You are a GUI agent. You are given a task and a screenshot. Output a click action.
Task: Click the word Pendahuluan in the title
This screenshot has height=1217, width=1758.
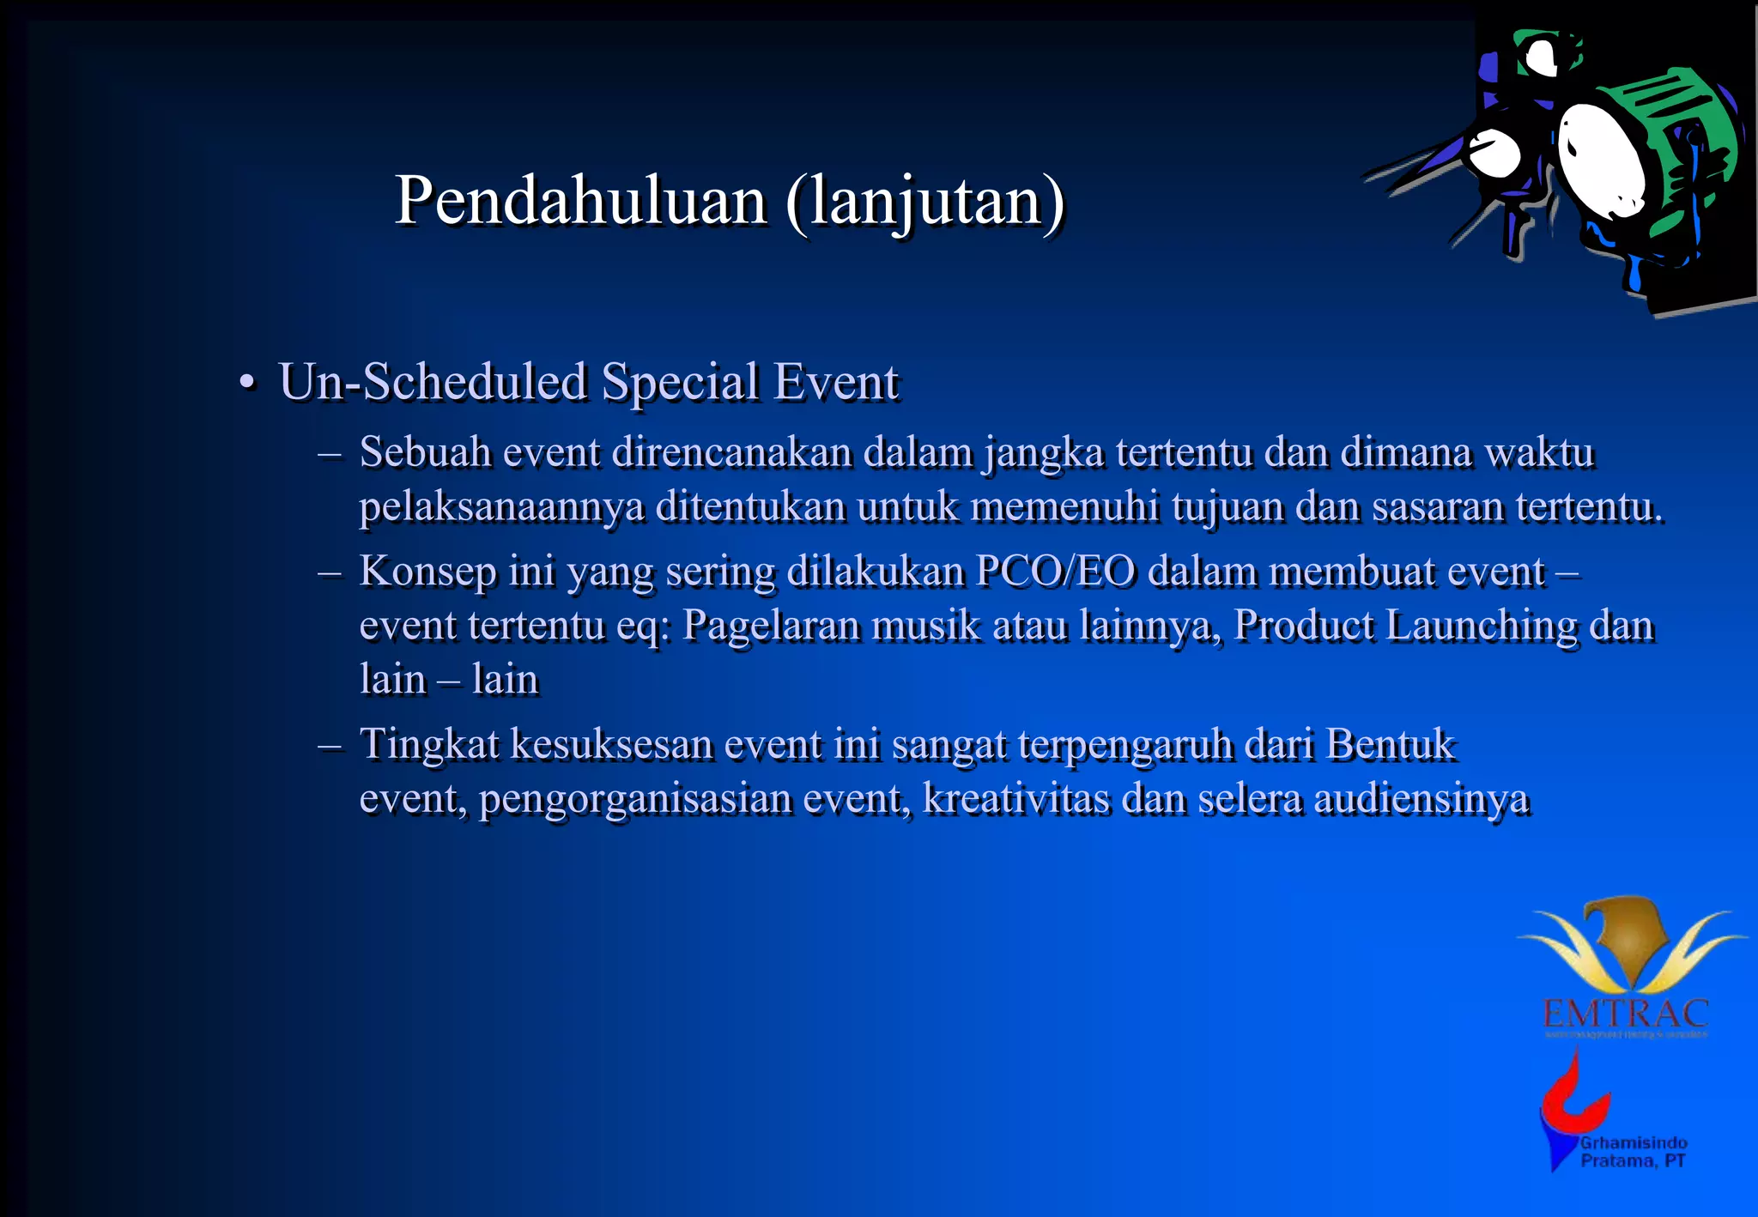point(580,201)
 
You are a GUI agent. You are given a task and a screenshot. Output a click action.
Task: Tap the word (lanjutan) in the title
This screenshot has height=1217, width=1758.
point(924,203)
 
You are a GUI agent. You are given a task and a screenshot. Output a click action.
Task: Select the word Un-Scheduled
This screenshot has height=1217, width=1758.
point(433,382)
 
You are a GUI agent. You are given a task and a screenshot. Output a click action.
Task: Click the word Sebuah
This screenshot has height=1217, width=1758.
point(425,452)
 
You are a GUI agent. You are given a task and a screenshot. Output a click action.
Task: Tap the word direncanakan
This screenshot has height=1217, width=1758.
point(731,452)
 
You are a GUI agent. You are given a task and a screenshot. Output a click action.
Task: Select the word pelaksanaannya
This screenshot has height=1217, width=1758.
point(501,507)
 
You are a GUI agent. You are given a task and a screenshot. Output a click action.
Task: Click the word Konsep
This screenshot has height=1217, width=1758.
point(427,572)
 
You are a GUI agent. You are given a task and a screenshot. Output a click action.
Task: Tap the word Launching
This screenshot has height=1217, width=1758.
point(1482,626)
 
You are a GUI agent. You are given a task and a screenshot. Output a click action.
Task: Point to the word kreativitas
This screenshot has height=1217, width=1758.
point(1015,799)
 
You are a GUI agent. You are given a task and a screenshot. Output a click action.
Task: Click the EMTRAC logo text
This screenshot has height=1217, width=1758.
point(1625,1014)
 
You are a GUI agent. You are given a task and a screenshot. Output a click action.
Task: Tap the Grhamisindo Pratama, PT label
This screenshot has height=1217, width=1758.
point(1633,1152)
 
